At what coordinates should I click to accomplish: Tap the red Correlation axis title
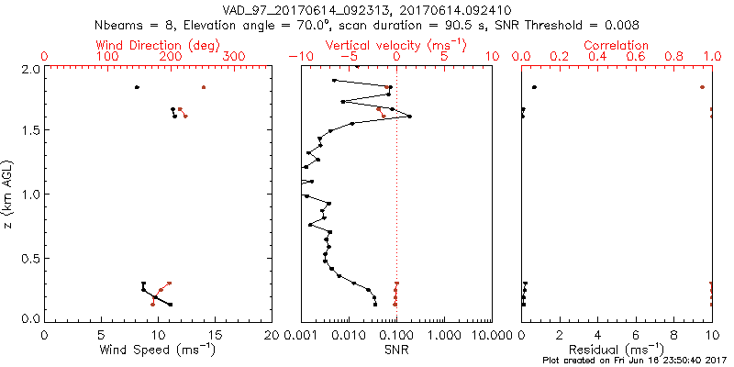pyautogui.click(x=616, y=45)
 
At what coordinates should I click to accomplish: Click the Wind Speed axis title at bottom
pyautogui.click(x=158, y=350)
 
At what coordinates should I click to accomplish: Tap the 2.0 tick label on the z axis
pyautogui.click(x=29, y=69)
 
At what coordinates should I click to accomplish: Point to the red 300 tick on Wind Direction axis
pyautogui.click(x=234, y=57)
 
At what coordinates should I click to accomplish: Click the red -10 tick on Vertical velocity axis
pyautogui.click(x=295, y=57)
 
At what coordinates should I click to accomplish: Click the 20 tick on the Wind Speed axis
pyautogui.click(x=271, y=335)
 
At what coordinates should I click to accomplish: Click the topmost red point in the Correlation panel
pyautogui.click(x=702, y=87)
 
